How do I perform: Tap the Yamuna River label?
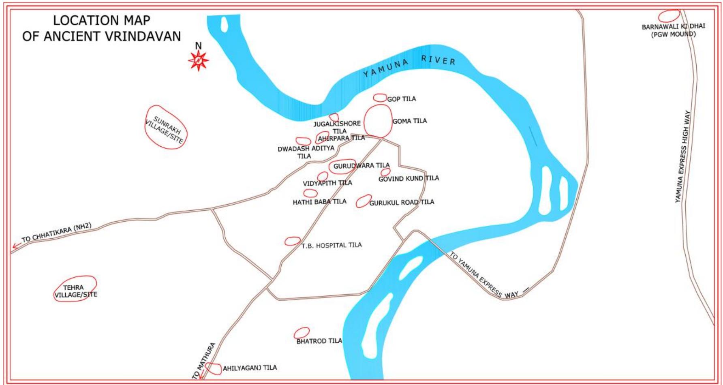pos(409,66)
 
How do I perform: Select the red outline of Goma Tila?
pos(378,121)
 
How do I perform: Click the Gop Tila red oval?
pos(380,98)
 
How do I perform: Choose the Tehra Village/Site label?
pos(75,291)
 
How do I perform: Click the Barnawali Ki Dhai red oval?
pos(669,16)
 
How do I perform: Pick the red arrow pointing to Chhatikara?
pos(17,245)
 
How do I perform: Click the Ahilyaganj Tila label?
pos(250,368)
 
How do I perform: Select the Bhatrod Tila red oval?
pos(302,333)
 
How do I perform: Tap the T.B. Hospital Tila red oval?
pos(292,241)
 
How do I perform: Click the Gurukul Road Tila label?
pos(401,202)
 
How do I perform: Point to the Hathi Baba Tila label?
pos(319,202)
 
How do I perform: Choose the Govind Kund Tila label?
pos(409,178)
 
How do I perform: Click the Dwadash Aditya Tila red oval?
pos(303,141)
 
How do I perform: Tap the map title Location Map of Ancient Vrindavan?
pos(101,28)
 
